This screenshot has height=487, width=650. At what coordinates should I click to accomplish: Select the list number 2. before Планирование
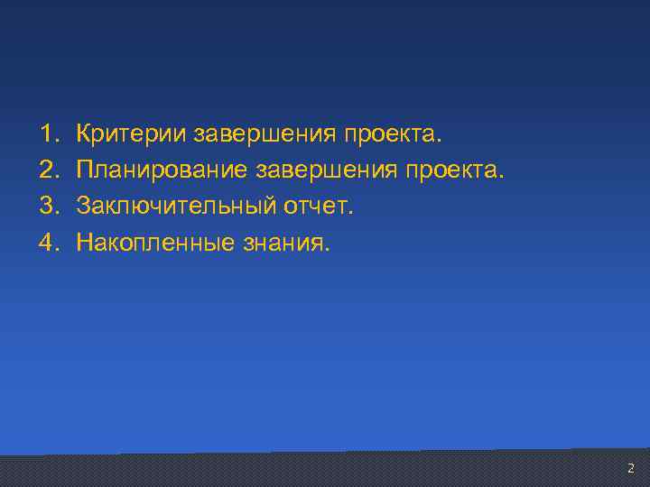coord(47,170)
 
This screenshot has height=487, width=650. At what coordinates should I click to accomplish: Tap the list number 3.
coord(47,206)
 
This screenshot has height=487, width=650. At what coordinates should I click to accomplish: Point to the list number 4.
coord(47,242)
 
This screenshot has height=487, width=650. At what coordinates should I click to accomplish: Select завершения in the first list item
coord(265,134)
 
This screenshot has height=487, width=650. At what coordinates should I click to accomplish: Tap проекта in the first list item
coord(391,134)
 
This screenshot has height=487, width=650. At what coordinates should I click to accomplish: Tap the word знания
coord(285,242)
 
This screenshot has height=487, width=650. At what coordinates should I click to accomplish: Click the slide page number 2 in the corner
coord(630,468)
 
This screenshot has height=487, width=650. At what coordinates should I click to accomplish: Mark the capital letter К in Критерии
coord(84,134)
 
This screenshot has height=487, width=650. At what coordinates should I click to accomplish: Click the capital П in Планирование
coord(85,170)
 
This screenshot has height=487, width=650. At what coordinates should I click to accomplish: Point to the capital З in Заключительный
coord(83,206)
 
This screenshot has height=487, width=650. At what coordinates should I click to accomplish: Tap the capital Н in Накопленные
coord(85,242)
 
